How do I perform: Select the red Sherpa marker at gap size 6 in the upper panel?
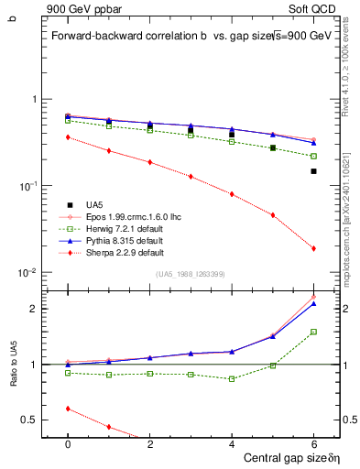coord(313,248)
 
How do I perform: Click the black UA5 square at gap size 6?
coord(313,171)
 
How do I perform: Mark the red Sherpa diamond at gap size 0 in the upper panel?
coord(68,137)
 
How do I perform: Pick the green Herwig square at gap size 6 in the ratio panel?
coord(313,332)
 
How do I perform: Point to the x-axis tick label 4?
coord(232,443)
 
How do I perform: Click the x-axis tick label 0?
coord(68,443)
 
